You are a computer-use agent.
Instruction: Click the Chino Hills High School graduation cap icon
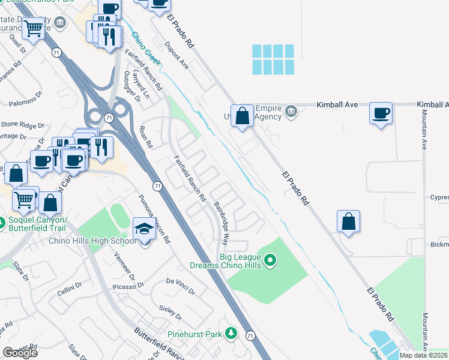[x=144, y=229]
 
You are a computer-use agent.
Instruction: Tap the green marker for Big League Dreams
[x=270, y=260]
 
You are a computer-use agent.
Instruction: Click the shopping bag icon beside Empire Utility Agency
[x=242, y=116]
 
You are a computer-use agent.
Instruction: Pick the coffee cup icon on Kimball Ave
[x=381, y=113]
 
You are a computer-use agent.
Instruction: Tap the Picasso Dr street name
[x=127, y=287]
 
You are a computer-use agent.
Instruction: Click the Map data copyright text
[x=423, y=355]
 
